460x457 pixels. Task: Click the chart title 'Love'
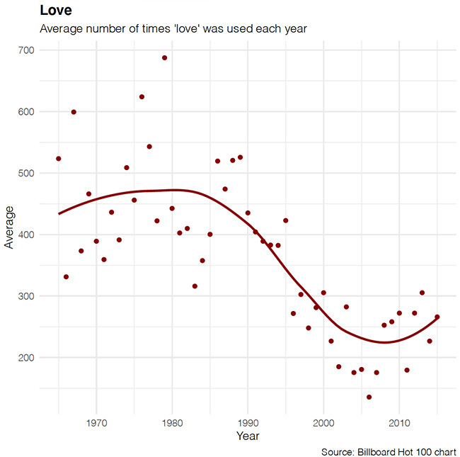(x=56, y=11)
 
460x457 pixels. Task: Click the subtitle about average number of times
(x=173, y=29)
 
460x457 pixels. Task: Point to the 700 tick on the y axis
(x=29, y=50)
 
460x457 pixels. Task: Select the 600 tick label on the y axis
(x=29, y=112)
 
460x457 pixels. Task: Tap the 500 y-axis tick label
(x=29, y=173)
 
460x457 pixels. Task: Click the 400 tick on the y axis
(x=29, y=235)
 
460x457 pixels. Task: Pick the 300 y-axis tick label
(x=29, y=296)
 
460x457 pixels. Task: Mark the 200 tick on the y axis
(x=29, y=358)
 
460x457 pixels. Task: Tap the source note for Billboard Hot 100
(x=389, y=451)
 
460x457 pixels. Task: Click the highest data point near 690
(x=164, y=57)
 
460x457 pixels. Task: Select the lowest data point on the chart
(x=369, y=397)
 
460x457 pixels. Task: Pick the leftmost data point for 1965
(x=59, y=159)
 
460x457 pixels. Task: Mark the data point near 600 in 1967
(x=74, y=112)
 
